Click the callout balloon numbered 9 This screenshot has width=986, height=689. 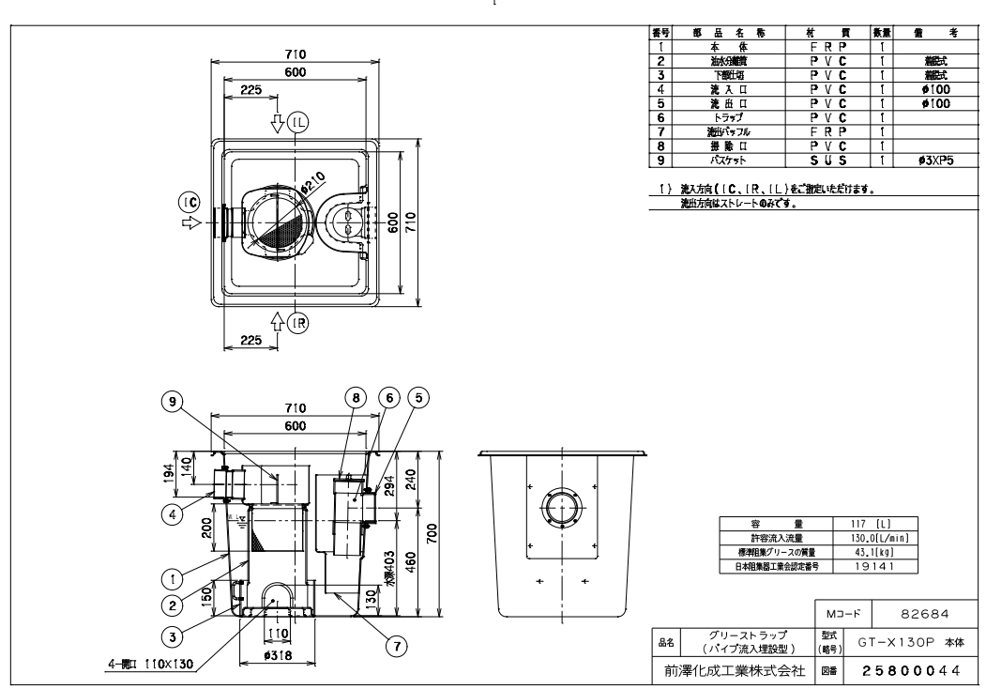[169, 401]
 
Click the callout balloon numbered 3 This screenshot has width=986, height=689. [169, 635]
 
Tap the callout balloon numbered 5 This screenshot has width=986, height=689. [418, 397]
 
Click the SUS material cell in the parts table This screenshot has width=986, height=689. [829, 161]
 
